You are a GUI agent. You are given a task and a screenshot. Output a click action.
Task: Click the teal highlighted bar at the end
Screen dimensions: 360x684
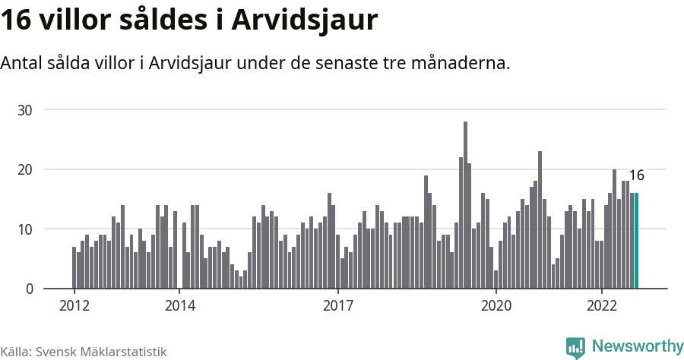[636, 241]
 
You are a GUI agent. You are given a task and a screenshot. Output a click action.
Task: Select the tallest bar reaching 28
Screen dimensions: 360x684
[465, 205]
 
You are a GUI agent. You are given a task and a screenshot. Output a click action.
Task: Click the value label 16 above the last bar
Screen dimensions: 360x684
[636, 175]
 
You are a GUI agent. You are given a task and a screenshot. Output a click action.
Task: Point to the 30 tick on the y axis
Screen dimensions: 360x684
[25, 109]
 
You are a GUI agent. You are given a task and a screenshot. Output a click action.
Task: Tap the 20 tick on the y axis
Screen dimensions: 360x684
[25, 169]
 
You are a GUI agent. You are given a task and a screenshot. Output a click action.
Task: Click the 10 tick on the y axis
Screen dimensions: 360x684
[25, 229]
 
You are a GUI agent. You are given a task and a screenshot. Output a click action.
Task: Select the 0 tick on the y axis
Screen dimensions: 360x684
[29, 289]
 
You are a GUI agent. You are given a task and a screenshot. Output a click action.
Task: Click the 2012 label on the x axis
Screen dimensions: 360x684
[74, 306]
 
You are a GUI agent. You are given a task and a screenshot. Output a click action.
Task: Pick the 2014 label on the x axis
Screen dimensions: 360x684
[179, 306]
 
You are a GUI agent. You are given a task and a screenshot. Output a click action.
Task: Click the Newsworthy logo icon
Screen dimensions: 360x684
[575, 347]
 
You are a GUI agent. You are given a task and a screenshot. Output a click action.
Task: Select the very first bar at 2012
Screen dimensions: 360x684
[74, 267]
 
